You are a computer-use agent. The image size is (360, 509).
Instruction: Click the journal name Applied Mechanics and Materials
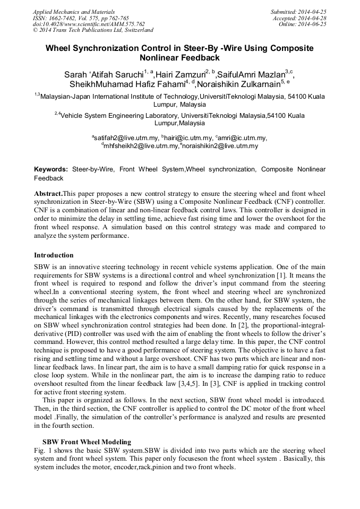tap(73, 11)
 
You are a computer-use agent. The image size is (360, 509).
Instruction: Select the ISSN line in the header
tap(81, 18)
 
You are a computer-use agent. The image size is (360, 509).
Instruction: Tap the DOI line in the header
tap(89, 24)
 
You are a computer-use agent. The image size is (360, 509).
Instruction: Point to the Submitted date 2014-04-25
tap(299, 11)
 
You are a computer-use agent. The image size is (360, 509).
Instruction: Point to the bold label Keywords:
tap(51, 169)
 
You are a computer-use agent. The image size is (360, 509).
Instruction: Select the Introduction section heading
tap(54, 255)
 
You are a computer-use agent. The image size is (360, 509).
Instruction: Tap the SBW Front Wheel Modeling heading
tap(87, 442)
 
